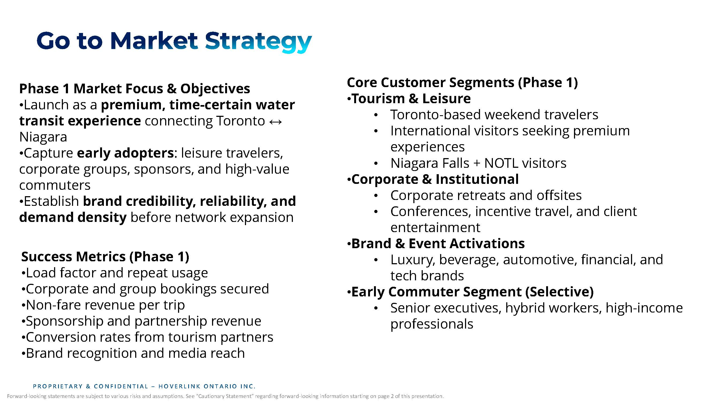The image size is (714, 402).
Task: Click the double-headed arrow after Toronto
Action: (275, 121)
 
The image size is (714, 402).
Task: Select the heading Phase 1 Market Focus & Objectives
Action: (135, 89)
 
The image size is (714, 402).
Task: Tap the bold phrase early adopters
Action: (125, 153)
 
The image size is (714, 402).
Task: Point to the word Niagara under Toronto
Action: (43, 137)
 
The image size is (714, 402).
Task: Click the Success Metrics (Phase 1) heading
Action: (105, 257)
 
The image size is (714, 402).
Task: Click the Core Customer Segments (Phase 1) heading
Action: (462, 83)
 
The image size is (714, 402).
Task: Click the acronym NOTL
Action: (501, 163)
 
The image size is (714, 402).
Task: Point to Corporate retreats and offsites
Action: (486, 195)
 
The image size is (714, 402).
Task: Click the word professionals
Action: (432, 324)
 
